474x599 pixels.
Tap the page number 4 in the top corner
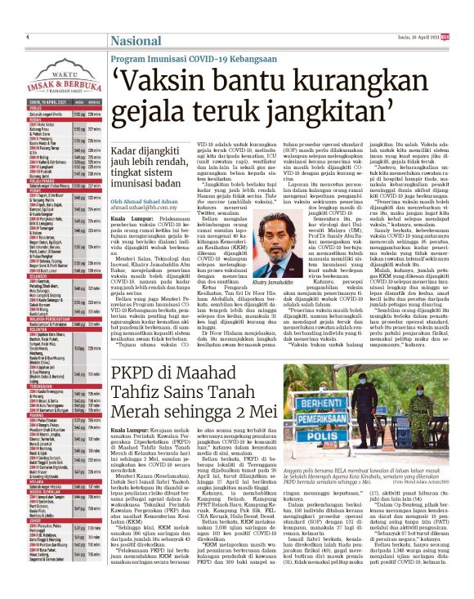pyautogui.click(x=28, y=37)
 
